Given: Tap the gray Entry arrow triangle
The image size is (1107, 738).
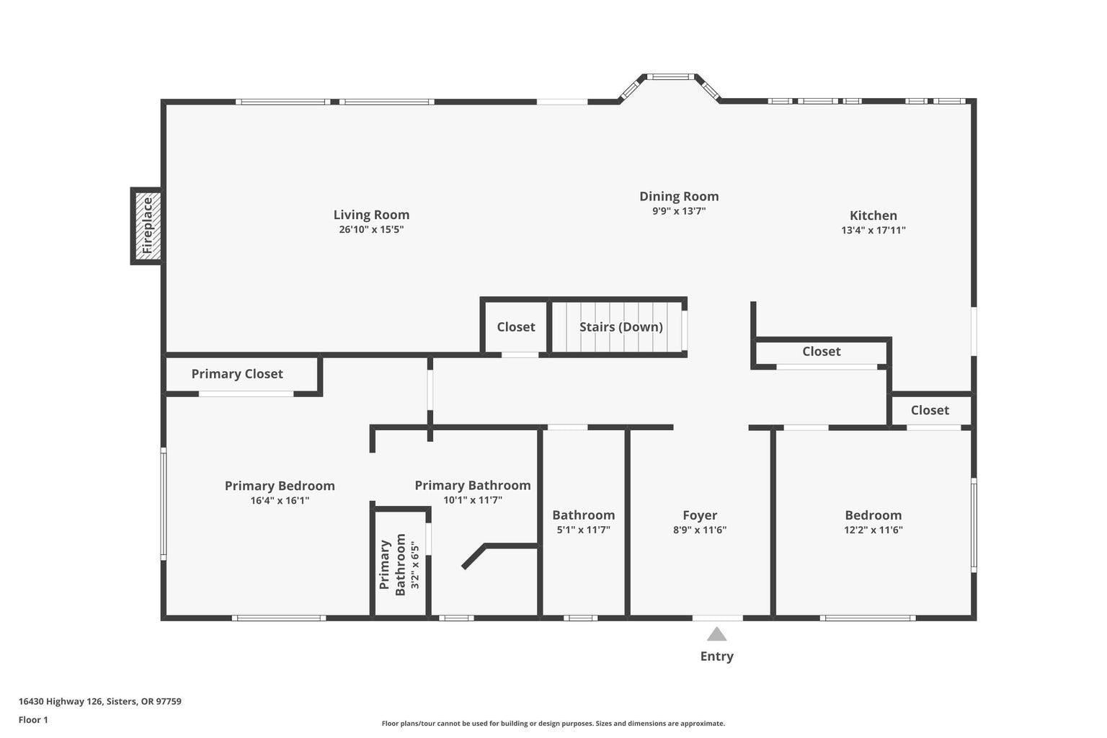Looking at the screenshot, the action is click(x=716, y=634).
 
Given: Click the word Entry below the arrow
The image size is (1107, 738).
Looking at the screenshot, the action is click(x=716, y=657).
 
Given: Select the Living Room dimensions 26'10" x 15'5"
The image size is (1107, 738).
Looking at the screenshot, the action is click(x=371, y=229).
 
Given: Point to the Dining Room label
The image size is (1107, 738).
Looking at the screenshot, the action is click(x=679, y=196).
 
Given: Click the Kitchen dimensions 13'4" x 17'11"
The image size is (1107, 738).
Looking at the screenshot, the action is click(x=873, y=230).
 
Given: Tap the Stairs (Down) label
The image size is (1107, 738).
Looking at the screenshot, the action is click(x=621, y=326).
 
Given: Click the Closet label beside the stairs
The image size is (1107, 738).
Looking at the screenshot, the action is click(x=516, y=326).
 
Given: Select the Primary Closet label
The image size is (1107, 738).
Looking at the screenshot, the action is click(x=237, y=374).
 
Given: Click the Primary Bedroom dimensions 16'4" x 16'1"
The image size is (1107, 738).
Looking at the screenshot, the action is click(x=280, y=500).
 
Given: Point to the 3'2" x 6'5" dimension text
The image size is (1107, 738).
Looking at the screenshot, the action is click(x=415, y=564).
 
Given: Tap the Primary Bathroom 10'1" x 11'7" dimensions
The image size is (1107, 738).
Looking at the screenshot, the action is click(x=473, y=499).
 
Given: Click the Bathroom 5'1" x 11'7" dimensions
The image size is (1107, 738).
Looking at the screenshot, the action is click(x=583, y=530).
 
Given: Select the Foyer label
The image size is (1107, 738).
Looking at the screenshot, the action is click(x=700, y=515).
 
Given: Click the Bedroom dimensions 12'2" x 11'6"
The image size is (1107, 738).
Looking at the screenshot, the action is click(x=873, y=530).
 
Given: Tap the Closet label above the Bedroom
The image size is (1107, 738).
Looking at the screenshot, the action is click(x=930, y=410).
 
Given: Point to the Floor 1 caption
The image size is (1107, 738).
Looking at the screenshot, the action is click(x=33, y=720).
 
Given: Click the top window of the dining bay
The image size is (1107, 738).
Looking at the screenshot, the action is click(x=671, y=76).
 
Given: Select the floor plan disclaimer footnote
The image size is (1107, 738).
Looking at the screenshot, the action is click(x=553, y=723).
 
